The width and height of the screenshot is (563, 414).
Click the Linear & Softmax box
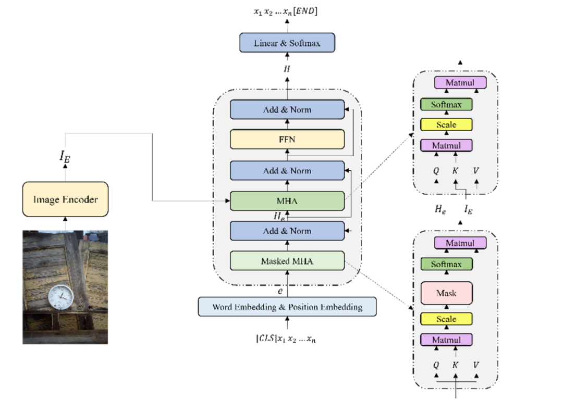[x=287, y=43]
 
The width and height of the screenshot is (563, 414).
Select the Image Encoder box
[x=65, y=199]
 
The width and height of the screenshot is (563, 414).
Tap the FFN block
[x=287, y=140]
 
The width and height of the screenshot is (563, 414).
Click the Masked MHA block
[x=287, y=261]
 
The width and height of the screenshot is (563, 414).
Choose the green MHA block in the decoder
[x=287, y=200]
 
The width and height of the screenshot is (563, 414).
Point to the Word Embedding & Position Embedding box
[x=287, y=307]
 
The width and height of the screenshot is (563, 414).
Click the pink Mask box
[x=446, y=293]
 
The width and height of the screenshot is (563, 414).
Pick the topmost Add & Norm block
[x=287, y=110]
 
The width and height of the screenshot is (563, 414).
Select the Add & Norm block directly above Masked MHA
[x=287, y=231]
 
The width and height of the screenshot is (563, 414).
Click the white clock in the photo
[x=59, y=297]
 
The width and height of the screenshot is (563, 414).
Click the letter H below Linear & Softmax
[x=287, y=69]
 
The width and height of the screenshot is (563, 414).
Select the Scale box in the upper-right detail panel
[x=446, y=124]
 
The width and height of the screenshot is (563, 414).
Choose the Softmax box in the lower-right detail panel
[x=446, y=264]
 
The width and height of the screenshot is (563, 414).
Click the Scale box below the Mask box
[x=446, y=319]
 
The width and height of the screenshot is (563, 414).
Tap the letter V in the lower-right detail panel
[x=475, y=365]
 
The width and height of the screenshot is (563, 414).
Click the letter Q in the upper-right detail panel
[x=436, y=170]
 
